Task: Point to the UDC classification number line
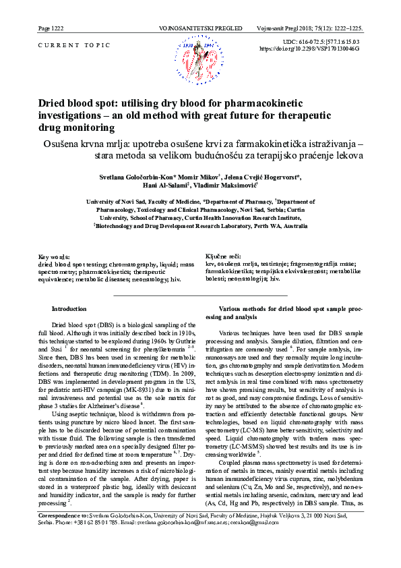[321, 42]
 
